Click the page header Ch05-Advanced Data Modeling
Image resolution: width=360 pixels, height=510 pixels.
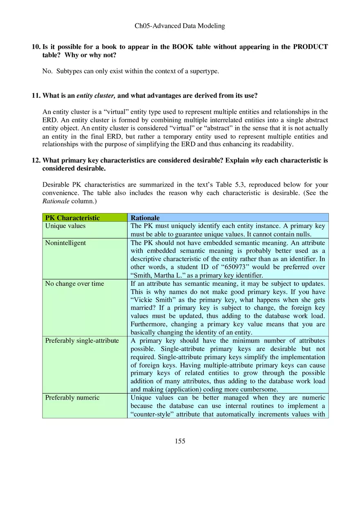[180, 26]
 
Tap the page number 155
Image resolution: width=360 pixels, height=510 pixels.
[180, 441]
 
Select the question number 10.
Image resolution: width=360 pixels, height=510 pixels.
[35, 47]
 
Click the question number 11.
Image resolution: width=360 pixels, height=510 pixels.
[35, 96]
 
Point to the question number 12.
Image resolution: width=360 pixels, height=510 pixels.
[35, 160]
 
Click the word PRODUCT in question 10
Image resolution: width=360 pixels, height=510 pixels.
[310, 47]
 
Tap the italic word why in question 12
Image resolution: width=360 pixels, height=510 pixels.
[256, 160]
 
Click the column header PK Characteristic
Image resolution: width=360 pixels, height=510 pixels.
[72, 218]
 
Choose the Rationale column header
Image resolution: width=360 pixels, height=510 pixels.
[145, 218]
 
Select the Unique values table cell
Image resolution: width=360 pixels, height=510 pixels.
[65, 226]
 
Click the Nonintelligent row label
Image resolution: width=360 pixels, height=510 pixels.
[65, 243]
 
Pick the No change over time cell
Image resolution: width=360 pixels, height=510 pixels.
[74, 283]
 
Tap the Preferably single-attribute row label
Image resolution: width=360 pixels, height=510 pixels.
[82, 341]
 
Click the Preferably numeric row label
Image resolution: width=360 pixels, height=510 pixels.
[72, 398]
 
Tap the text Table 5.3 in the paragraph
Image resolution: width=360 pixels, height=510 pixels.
[229, 185]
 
